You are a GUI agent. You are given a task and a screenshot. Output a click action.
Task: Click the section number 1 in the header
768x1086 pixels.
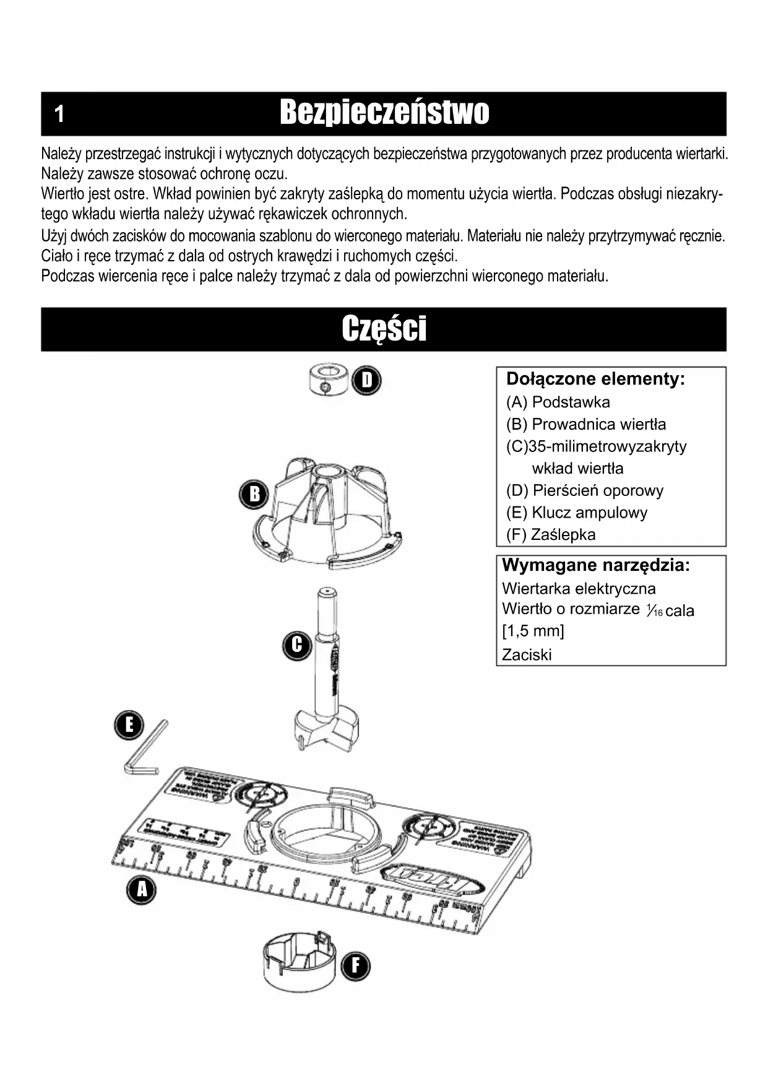(x=59, y=114)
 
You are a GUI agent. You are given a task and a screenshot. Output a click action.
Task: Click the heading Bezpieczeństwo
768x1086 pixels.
(x=384, y=113)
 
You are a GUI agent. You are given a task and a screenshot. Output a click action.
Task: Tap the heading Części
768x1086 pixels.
(x=384, y=329)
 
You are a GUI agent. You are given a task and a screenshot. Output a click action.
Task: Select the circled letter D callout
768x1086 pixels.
(x=367, y=380)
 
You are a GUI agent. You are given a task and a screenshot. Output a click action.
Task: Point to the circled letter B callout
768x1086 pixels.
(x=254, y=494)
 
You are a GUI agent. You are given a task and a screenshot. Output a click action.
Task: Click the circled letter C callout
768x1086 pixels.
(x=297, y=645)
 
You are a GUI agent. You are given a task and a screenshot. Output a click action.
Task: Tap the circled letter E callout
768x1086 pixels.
(x=129, y=725)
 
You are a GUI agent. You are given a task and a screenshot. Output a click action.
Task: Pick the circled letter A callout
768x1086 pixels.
(x=142, y=890)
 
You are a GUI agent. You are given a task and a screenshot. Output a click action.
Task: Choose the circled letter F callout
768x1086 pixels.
(x=355, y=966)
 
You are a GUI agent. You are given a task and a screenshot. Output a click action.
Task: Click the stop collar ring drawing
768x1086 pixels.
(x=328, y=380)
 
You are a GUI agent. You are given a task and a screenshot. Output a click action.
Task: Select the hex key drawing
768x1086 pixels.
(x=146, y=750)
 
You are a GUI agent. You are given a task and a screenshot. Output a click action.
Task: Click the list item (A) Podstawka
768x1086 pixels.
(x=558, y=402)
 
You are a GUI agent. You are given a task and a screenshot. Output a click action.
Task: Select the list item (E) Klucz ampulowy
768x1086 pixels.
(x=576, y=513)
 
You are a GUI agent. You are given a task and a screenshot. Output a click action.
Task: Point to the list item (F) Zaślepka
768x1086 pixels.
(x=550, y=535)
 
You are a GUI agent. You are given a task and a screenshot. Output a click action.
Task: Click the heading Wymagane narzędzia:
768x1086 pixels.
(x=595, y=565)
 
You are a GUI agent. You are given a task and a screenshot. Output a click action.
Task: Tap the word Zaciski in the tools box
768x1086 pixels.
(x=526, y=655)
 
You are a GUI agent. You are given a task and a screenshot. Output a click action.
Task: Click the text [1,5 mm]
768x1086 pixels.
(x=533, y=632)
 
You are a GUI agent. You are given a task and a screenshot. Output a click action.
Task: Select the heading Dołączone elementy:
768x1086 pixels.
(x=595, y=379)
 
